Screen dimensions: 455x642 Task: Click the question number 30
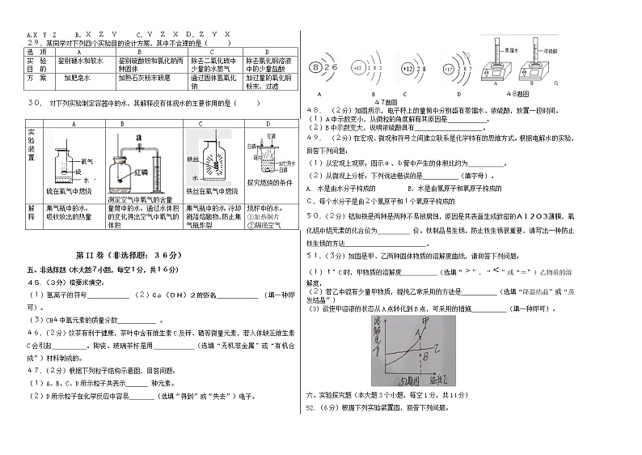(35, 103)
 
